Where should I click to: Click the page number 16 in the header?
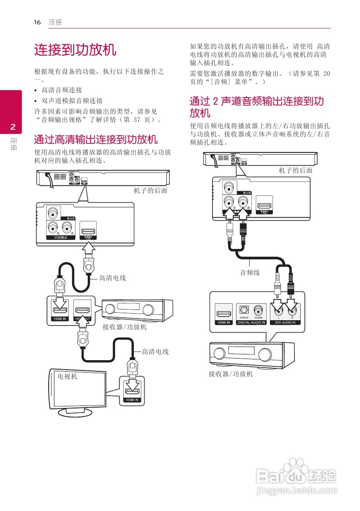tap(37, 22)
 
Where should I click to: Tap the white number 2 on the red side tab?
tap(12, 126)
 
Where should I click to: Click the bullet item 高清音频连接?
tap(62, 90)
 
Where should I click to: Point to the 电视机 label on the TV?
tap(67, 376)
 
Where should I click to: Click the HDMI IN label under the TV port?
tap(132, 400)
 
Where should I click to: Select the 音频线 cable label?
tap(250, 272)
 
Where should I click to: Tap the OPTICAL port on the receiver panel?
tap(244, 310)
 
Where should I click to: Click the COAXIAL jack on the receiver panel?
tap(259, 310)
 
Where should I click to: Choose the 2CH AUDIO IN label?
tap(286, 322)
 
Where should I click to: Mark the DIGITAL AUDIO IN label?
tap(251, 322)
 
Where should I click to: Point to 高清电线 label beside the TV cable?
tap(155, 352)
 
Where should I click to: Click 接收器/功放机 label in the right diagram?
tap(231, 374)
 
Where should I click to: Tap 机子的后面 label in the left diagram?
tap(150, 190)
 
